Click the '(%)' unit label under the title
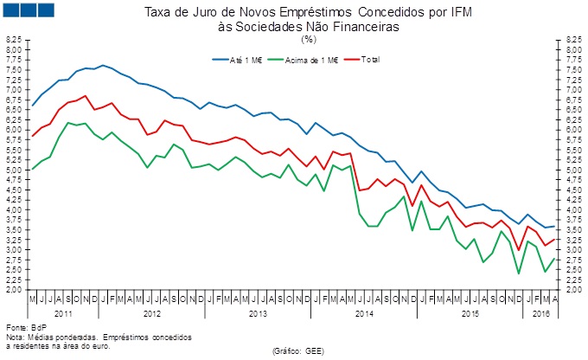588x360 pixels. [309, 39]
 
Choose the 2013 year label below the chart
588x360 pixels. [257, 312]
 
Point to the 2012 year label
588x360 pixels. [151, 312]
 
